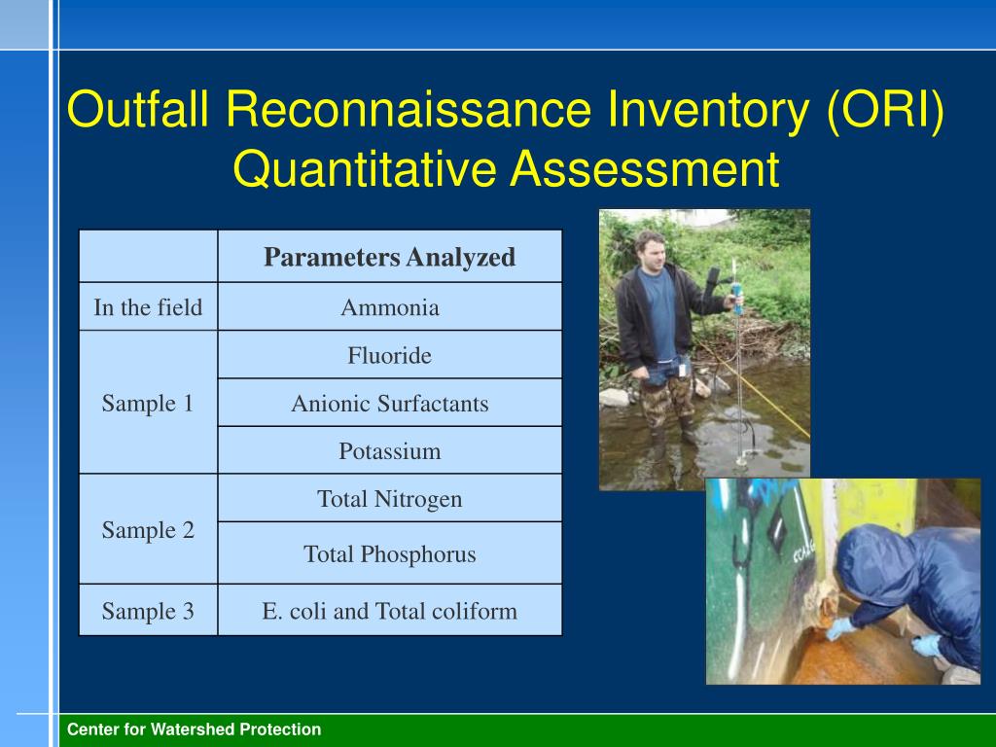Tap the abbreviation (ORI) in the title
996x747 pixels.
(885, 110)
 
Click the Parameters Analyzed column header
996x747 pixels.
(389, 258)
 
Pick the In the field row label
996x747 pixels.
(148, 308)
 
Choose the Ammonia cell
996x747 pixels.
(389, 308)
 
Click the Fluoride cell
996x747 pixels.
(389, 356)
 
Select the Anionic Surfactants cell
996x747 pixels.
(389, 404)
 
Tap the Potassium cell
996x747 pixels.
(389, 451)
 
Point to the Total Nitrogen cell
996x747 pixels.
(389, 499)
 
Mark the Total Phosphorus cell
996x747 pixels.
(389, 554)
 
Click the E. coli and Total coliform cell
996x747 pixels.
(389, 611)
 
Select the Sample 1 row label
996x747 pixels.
(148, 404)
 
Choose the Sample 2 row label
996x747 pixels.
(148, 530)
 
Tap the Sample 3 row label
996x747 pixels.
(148, 611)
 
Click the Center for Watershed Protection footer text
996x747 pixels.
(194, 729)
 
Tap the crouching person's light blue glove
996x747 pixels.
(837, 628)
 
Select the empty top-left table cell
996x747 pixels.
(148, 257)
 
